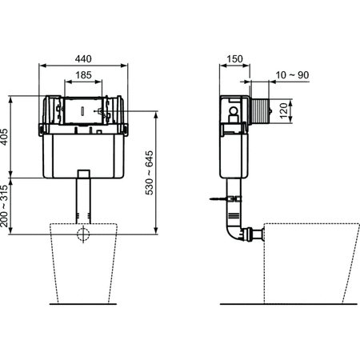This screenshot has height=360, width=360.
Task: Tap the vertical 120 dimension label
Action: tap(282, 108)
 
